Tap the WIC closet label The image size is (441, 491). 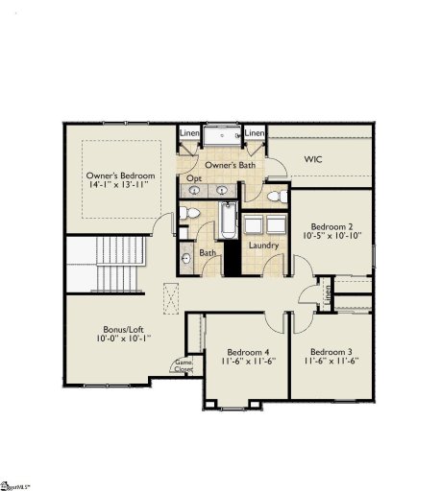pyautogui.click(x=313, y=158)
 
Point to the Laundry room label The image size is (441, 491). pyautogui.click(x=262, y=245)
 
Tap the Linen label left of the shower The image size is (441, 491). pyautogui.click(x=188, y=133)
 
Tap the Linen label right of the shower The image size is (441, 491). pyautogui.click(x=255, y=133)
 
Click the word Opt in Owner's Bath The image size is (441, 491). pyautogui.click(x=193, y=179)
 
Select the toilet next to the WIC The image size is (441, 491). pyautogui.click(x=275, y=197)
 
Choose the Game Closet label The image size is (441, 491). pyautogui.click(x=183, y=365)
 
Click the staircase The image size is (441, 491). pyautogui.click(x=102, y=264)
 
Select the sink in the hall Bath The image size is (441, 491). pyautogui.click(x=186, y=258)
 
